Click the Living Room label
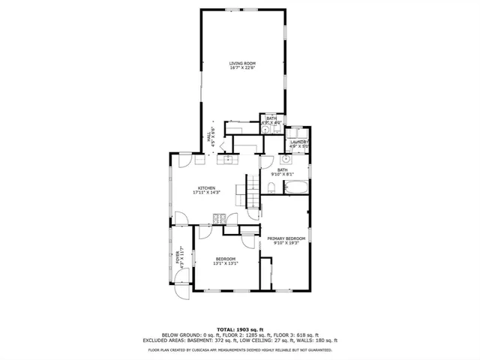[242, 63]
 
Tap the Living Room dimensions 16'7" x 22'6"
[242, 67]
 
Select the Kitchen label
[206, 187]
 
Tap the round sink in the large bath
[286, 160]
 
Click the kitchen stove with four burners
[219, 219]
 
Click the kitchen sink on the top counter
[226, 158]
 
